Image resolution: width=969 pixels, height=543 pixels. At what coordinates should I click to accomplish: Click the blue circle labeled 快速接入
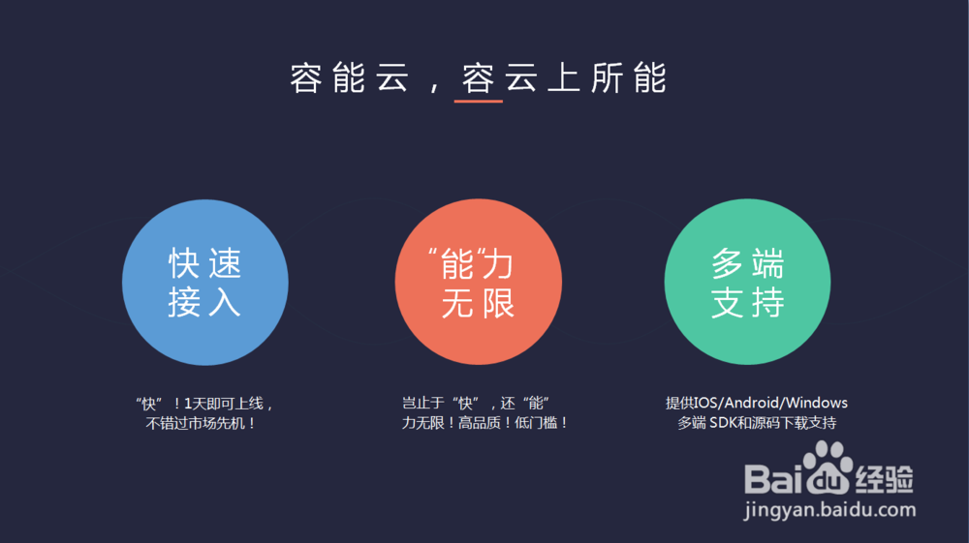(205, 282)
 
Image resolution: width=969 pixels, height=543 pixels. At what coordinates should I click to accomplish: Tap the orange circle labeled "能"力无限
(479, 282)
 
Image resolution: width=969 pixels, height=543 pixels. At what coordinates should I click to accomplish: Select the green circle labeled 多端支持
(748, 282)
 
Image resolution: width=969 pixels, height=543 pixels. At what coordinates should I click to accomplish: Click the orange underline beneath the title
(479, 101)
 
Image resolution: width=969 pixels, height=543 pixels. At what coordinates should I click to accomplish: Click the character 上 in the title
(563, 77)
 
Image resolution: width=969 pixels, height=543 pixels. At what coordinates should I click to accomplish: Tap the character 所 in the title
(607, 77)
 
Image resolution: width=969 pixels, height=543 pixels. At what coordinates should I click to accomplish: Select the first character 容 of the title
(306, 77)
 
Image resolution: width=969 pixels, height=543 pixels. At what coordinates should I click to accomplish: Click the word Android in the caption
(751, 403)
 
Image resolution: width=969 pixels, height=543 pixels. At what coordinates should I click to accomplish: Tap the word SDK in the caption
(723, 423)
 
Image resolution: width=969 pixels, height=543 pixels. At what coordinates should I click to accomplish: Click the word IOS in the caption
(705, 403)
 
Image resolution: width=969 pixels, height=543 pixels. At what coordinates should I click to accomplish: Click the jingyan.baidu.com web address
(830, 510)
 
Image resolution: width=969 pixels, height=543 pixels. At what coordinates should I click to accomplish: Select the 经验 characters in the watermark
(885, 479)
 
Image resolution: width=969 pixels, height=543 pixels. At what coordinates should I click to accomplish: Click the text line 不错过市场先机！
(201, 423)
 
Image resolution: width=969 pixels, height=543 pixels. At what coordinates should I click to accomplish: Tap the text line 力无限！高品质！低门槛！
(484, 423)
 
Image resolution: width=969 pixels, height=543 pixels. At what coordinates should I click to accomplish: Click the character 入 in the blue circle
(224, 302)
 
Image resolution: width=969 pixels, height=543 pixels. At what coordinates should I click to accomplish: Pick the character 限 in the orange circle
(497, 304)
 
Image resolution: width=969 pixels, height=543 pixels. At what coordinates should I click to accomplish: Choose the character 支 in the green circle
(728, 302)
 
